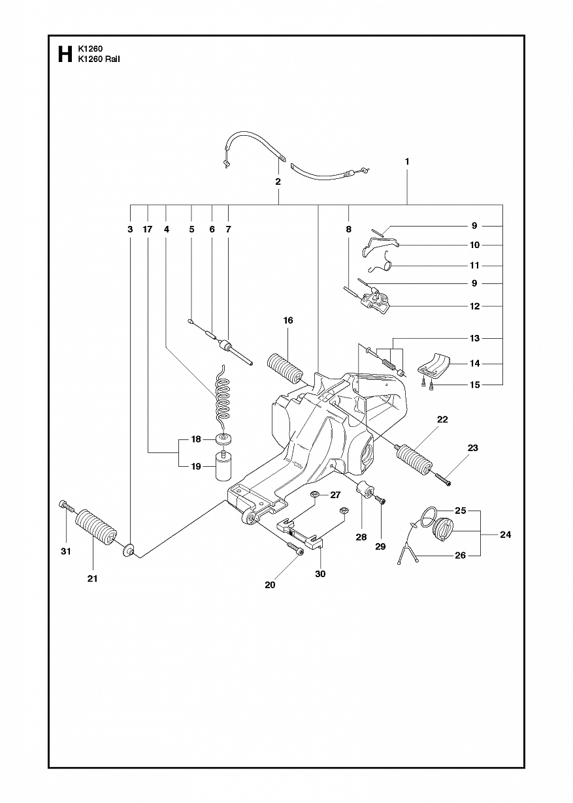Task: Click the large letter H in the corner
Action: tap(64, 54)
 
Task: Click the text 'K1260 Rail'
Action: tap(99, 59)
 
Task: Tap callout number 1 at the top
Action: tap(407, 161)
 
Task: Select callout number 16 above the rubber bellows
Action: tap(288, 321)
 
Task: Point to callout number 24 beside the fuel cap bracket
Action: tap(505, 535)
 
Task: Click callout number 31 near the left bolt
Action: tap(65, 552)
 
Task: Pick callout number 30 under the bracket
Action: tap(320, 574)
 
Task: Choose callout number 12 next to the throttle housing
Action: tap(475, 306)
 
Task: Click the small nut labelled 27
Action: tap(314, 495)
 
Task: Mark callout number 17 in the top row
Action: tap(148, 229)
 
